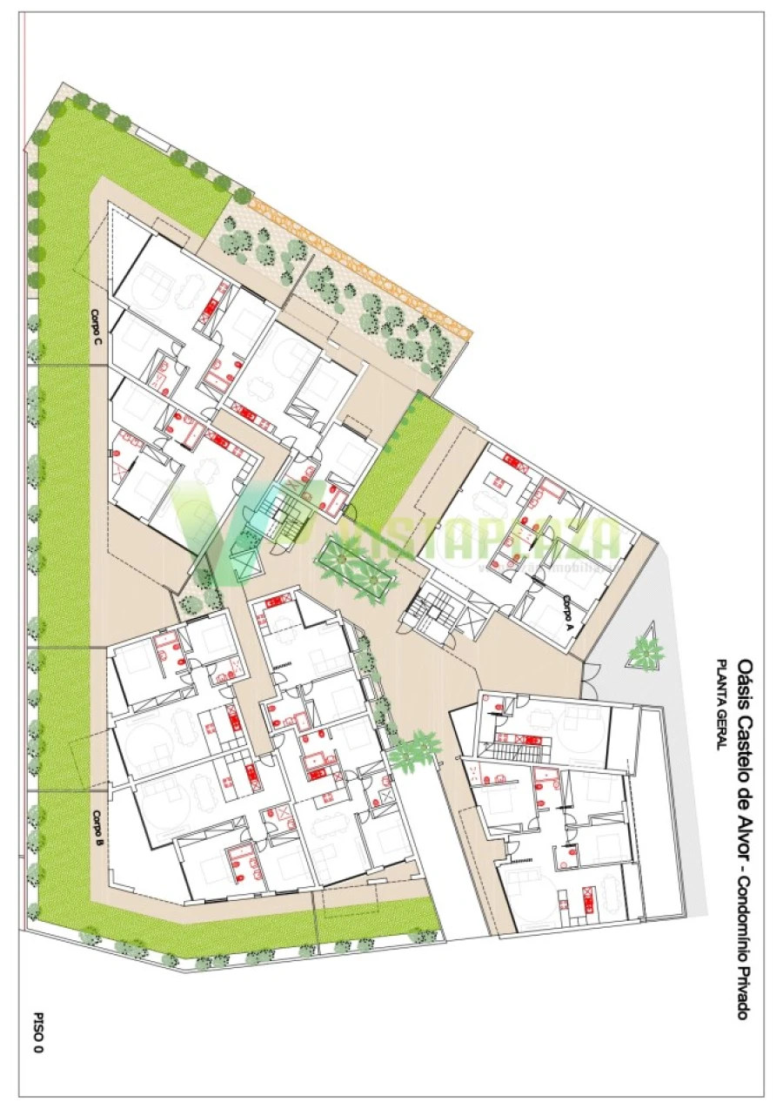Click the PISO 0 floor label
(38, 1033)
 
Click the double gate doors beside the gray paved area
(591, 681)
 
